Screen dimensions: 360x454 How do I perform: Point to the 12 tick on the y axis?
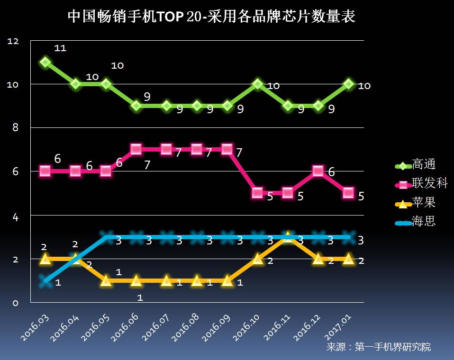[13, 42]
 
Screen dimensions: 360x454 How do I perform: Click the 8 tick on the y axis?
[15, 127]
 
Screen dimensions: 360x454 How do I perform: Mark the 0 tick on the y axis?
[15, 303]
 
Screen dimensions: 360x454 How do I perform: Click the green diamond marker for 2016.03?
[45, 62]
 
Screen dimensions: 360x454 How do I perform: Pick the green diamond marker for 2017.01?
[348, 84]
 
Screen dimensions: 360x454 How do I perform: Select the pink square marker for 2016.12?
[318, 171]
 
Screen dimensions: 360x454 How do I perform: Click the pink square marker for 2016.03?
[45, 171]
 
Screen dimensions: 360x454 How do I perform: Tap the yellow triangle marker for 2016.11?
[288, 237]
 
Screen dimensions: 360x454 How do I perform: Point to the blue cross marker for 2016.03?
[45, 280]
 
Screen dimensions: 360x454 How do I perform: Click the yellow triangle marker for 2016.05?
[106, 280]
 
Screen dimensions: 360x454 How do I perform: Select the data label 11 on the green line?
[60, 48]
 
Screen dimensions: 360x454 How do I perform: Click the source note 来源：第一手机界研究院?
[379, 347]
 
